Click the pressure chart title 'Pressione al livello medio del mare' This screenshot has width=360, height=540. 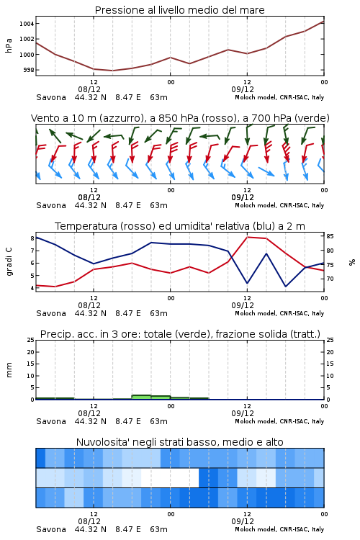pos(179,10)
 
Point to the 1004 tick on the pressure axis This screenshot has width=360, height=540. pos(27,24)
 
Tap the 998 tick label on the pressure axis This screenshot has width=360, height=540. pos(29,70)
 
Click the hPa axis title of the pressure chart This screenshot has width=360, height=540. pos(9,45)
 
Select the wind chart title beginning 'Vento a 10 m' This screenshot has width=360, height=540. pos(180,118)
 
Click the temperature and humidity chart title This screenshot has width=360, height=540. pos(180,226)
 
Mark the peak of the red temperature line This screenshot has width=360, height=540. pos(248,237)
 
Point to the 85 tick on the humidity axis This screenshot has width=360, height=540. pos(330,236)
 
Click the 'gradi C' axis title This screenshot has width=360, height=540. pos(9,261)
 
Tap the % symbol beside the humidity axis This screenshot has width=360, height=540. pos(352,262)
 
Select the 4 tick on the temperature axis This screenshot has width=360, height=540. pos(32,288)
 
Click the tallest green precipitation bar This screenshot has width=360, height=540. pos(141,397)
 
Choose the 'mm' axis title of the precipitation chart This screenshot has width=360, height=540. pos(9,370)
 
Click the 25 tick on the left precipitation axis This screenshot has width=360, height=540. pos(31,340)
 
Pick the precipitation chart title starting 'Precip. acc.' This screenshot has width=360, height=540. pos(180,334)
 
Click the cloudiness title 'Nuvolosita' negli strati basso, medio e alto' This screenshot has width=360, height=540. pos(179,442)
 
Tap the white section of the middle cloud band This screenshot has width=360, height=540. pos(170,477)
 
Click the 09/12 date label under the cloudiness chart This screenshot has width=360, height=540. pos(243,521)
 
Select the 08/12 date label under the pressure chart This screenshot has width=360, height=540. pos(89,89)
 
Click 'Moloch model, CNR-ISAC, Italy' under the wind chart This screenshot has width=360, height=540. pos(279,205)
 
